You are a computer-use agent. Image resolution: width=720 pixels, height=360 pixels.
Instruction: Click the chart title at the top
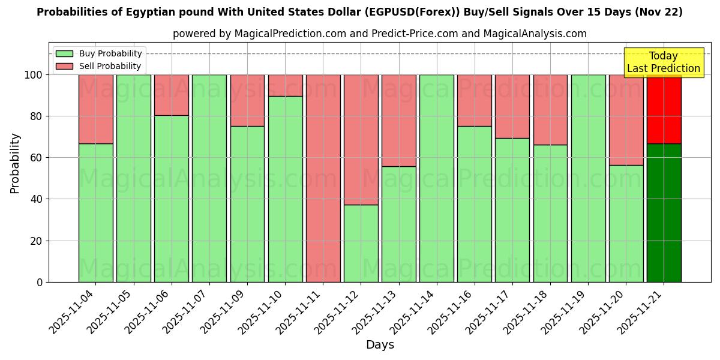pyautogui.click(x=359, y=12)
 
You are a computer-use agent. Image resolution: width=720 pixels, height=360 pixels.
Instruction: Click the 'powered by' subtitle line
pyautogui.click(x=379, y=34)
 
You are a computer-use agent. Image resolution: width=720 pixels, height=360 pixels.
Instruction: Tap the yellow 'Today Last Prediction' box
pyautogui.click(x=663, y=62)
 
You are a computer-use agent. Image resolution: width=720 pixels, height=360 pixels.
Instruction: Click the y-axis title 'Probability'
pyautogui.click(x=15, y=163)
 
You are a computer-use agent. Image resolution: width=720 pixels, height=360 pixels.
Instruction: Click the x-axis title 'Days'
pyautogui.click(x=380, y=345)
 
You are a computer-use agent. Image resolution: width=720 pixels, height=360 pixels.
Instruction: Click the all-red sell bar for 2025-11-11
pyautogui.click(x=323, y=178)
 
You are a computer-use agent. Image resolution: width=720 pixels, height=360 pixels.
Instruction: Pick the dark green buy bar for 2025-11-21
pyautogui.click(x=664, y=212)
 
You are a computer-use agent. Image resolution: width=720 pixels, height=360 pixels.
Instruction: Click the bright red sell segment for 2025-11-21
pyautogui.click(x=664, y=109)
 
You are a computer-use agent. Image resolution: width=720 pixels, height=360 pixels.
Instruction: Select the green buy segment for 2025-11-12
pyautogui.click(x=361, y=243)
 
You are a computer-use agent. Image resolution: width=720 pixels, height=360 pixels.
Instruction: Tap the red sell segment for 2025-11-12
pyautogui.click(x=361, y=140)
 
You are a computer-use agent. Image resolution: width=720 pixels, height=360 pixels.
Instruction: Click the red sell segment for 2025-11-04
pyautogui.click(x=95, y=109)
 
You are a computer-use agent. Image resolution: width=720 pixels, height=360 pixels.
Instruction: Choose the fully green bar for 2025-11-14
pyautogui.click(x=436, y=178)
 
